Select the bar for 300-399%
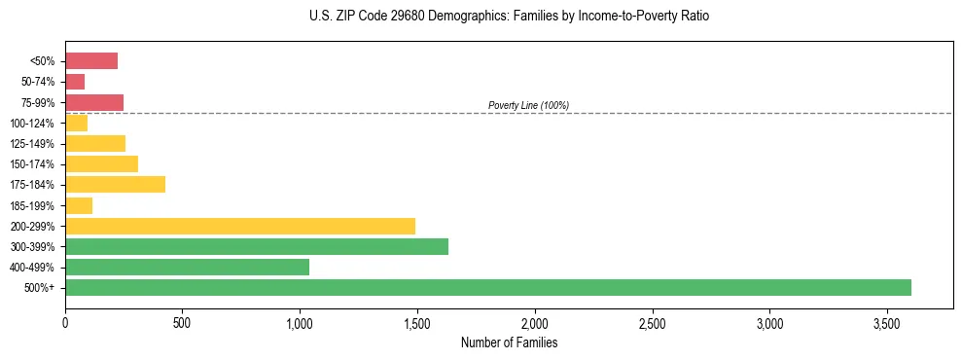pos(257,246)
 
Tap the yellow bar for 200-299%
pos(240,226)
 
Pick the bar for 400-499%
pos(187,267)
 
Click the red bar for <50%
pos(91,61)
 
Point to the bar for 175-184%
pos(115,185)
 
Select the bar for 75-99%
pos(94,102)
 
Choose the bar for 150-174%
pos(101,163)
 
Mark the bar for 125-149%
pos(95,143)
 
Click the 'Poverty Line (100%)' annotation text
pos(528,105)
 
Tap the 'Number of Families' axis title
pos(509,342)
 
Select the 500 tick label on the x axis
pos(183,322)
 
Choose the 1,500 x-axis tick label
pos(417,322)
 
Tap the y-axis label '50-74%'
pos(38,82)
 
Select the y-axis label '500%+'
pos(41,288)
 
